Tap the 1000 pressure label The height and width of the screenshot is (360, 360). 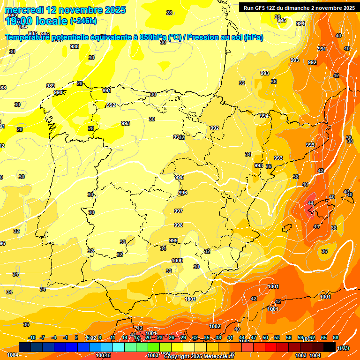[x=177, y=261]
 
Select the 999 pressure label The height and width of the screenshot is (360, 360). [x=173, y=240]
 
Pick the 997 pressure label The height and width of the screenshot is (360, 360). [x=179, y=211]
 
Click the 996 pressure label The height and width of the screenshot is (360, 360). [x=183, y=193]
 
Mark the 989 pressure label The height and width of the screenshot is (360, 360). [x=51, y=86]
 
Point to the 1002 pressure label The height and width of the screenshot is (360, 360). [x=215, y=326]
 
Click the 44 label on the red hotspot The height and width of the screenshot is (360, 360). [x=310, y=203]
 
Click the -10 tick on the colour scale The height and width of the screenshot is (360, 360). [x=32, y=337]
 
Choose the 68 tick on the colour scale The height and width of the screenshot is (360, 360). [x=336, y=337]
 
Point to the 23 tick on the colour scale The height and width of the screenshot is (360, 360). [x=160, y=337]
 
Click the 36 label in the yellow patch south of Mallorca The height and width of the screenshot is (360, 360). [x=324, y=251]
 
